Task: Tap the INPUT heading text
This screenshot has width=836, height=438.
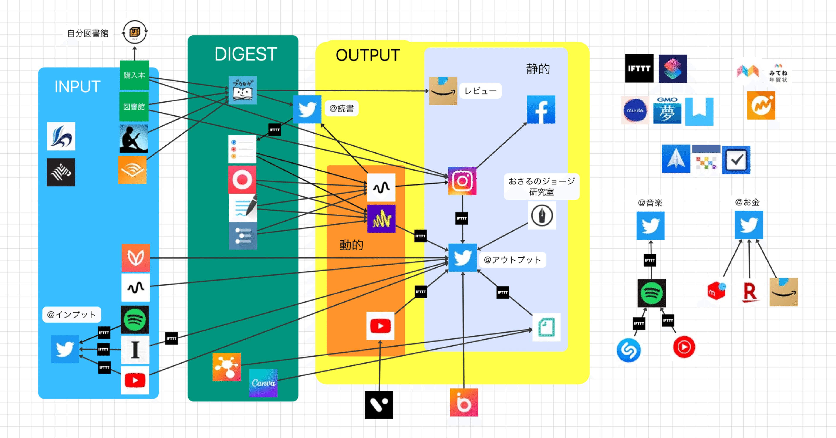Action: (77, 87)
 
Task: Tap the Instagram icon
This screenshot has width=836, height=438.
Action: (462, 181)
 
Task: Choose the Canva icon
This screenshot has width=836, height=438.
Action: (263, 383)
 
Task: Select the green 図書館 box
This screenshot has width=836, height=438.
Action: (134, 107)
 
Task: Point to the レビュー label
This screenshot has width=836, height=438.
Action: (480, 91)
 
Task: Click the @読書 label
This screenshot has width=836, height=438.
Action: (341, 108)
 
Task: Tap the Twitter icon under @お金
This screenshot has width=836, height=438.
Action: (749, 225)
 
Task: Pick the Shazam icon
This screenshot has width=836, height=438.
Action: (629, 350)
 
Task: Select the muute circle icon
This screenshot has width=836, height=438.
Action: (635, 110)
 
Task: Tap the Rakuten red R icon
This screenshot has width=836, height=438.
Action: (749, 292)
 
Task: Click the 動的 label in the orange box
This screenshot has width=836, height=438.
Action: (351, 245)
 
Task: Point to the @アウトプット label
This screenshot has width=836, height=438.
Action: (512, 260)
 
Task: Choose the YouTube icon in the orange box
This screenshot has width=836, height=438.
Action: (380, 326)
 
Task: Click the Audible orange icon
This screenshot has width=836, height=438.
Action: (132, 170)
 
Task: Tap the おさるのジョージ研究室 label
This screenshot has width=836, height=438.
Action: (541, 186)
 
